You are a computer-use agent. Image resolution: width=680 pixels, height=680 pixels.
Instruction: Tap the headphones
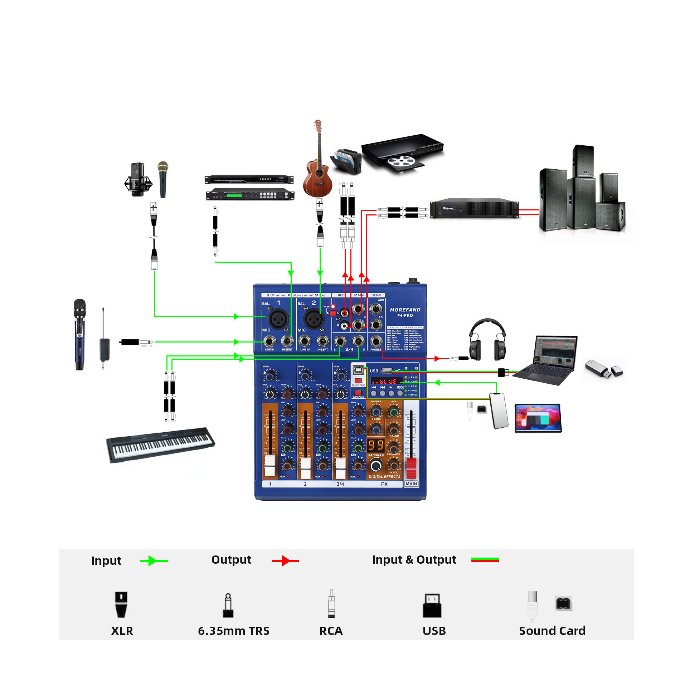(487, 340)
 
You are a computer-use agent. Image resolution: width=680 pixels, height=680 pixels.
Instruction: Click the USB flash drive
(604, 369)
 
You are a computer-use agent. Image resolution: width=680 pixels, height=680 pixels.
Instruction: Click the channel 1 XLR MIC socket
(278, 318)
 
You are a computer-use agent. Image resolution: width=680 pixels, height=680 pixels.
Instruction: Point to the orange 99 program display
(375, 445)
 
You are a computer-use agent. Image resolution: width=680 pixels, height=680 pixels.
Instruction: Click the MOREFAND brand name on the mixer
(405, 310)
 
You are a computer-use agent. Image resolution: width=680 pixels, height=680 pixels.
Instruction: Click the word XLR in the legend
(122, 631)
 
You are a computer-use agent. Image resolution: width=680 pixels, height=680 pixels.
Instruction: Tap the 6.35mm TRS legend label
(234, 631)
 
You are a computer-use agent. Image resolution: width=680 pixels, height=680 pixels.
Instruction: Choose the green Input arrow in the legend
(154, 560)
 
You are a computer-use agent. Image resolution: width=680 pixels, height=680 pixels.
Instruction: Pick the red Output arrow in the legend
(285, 560)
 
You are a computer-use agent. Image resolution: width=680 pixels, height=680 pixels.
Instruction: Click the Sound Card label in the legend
(552, 631)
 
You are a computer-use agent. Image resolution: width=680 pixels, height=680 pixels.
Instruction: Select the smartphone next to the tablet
(499, 411)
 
